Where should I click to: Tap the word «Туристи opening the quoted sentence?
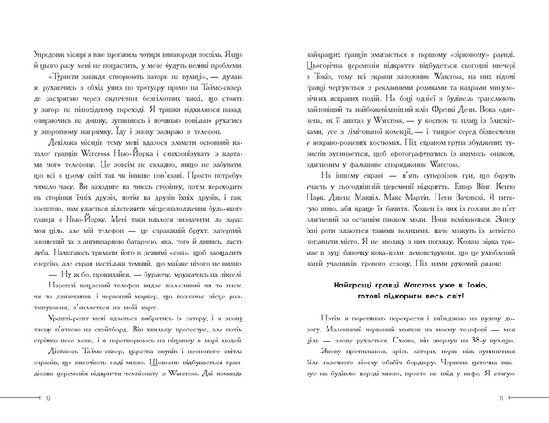pos(63,103)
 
